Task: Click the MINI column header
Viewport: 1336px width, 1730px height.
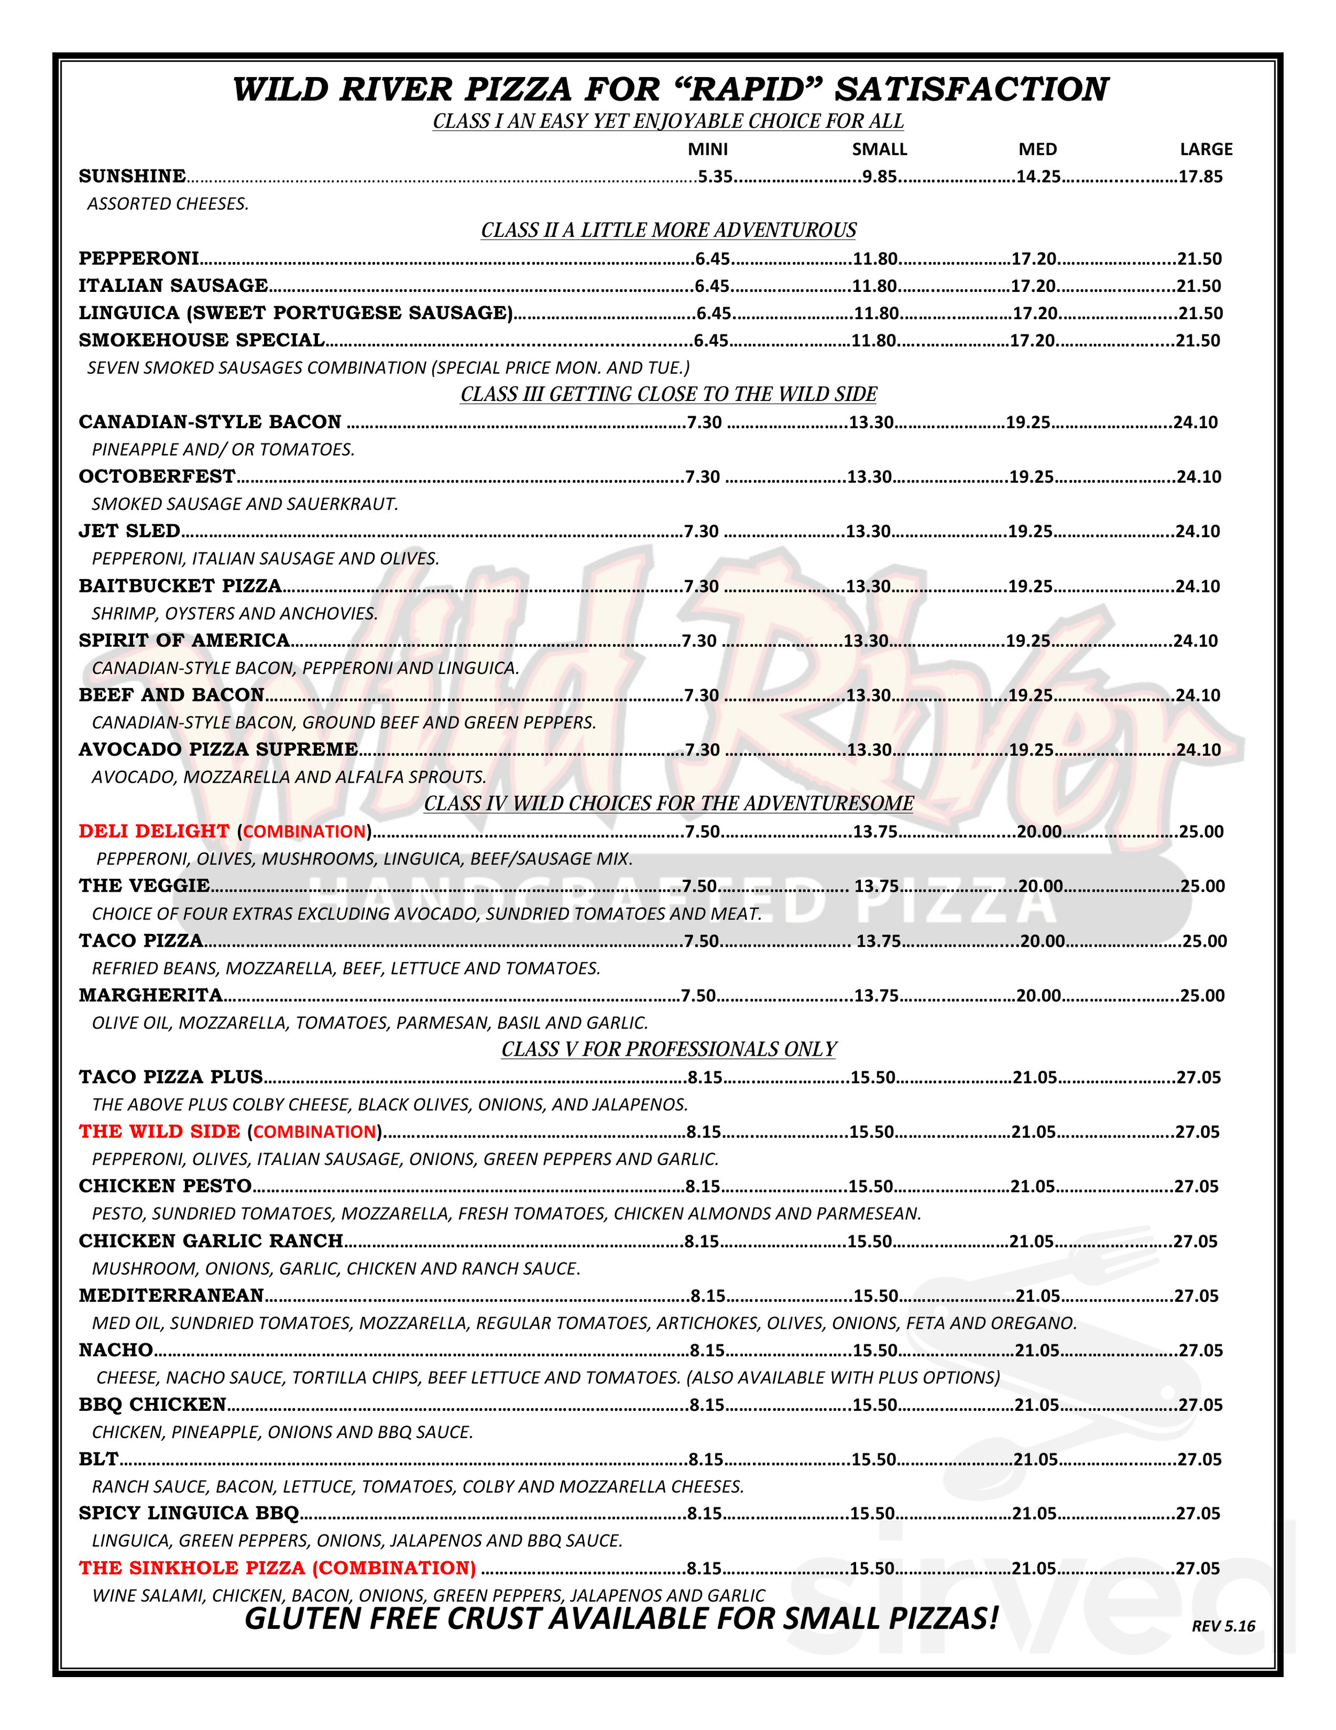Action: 707,149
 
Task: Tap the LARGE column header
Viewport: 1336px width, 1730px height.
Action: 1205,149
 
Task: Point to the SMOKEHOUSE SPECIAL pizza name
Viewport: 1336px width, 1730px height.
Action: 201,341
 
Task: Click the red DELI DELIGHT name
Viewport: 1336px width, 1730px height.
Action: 153,831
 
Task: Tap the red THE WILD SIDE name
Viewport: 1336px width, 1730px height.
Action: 159,1131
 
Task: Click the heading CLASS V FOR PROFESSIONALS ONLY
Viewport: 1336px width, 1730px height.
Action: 669,1049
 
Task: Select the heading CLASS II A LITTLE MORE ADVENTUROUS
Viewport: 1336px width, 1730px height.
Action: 669,230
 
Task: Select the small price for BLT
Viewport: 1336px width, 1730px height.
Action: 874,1459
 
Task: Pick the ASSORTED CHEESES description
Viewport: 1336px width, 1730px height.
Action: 168,204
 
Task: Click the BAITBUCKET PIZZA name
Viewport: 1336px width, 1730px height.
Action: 180,585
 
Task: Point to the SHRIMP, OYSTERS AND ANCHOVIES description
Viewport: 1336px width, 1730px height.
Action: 235,613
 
